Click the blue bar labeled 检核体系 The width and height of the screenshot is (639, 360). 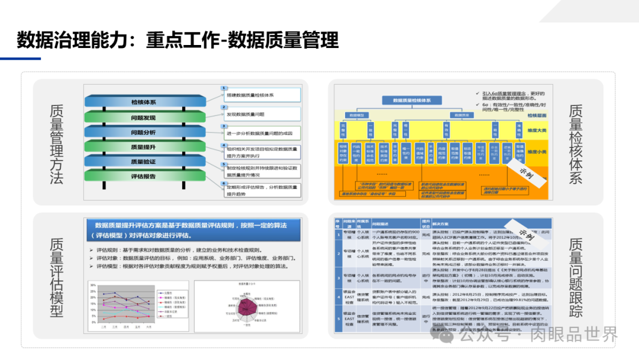pos(143,102)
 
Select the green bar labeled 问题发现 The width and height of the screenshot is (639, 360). pos(143,117)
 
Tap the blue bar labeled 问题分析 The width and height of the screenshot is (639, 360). pos(143,132)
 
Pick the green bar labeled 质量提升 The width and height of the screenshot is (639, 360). pos(143,147)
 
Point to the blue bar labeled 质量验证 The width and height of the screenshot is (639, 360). pos(143,161)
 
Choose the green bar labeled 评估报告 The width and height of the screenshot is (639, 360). pos(143,176)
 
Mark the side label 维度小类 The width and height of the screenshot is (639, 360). pos(538,152)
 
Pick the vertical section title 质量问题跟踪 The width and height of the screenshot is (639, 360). pos(575,278)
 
